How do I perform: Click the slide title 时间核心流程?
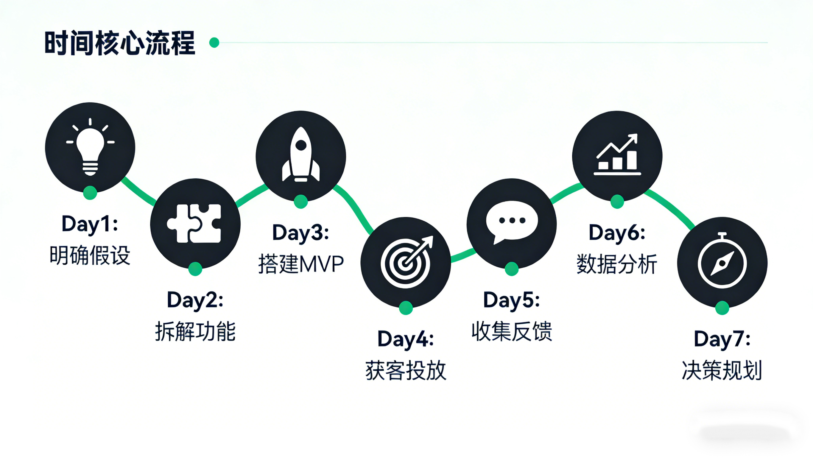120,43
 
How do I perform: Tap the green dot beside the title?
214,42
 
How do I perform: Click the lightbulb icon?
90,147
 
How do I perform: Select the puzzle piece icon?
195,224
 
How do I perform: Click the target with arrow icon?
406,262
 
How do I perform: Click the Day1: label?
90,224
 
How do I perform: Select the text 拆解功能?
195,331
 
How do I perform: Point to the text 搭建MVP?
301,264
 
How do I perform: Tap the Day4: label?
406,339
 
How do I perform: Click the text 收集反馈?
512,331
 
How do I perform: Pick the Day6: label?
617,233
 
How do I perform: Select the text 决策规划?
722,370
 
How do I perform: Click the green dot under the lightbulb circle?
90,193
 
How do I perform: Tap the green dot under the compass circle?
722,308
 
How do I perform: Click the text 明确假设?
90,255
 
